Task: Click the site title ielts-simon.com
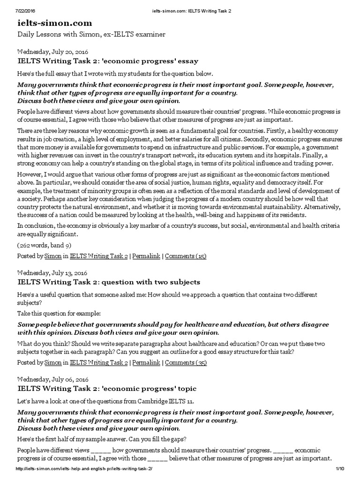point(55,23)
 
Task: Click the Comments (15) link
point(185,256)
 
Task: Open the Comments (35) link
point(185,362)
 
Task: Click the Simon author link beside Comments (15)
point(52,256)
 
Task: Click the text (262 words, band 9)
point(45,245)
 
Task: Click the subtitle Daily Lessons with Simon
point(91,35)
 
